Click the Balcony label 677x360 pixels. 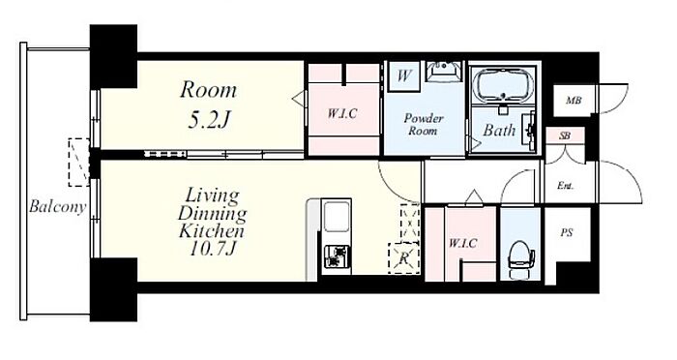click(57, 207)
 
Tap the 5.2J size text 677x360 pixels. click(208, 121)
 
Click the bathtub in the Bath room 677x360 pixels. click(504, 85)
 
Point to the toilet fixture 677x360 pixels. click(521, 259)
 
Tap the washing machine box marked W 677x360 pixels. click(403, 76)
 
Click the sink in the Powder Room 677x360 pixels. click(444, 71)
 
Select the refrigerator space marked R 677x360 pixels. click(404, 258)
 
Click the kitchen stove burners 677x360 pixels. click(336, 256)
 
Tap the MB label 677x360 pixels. click(574, 101)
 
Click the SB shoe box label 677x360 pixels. click(564, 135)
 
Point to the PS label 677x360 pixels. click(567, 233)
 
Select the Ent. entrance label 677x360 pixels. click(565, 186)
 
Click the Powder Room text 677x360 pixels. click(424, 124)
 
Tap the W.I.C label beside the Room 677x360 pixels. click(342, 113)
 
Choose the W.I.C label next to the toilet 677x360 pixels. click(462, 243)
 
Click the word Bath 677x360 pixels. click(499, 130)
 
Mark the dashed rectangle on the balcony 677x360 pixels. click(79, 163)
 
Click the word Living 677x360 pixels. click(212, 196)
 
